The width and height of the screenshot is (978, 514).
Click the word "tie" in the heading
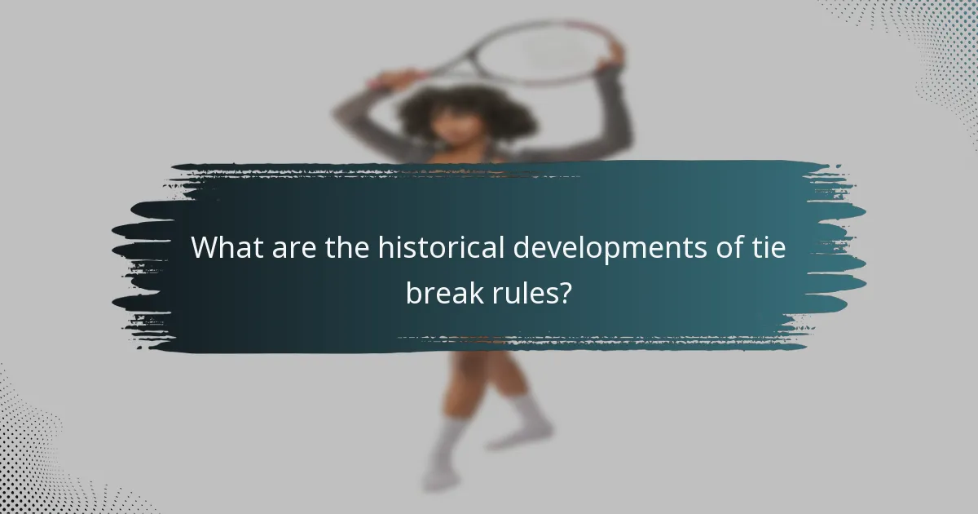(x=770, y=248)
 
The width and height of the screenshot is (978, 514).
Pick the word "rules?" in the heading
(x=525, y=292)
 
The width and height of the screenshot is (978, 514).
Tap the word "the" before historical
(x=342, y=248)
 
